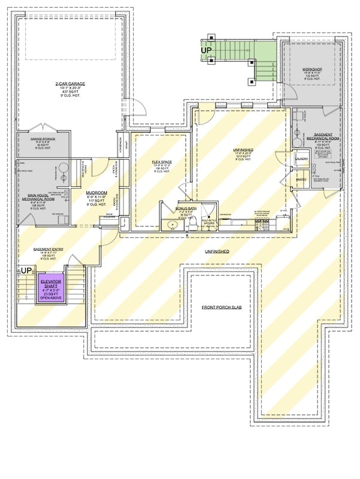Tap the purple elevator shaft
tap(52, 289)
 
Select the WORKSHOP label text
tap(311, 69)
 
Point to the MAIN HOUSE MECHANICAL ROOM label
tap(43, 196)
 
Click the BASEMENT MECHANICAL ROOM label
tap(314, 137)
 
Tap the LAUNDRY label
tap(301, 159)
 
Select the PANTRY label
tap(301, 178)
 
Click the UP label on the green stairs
tap(208, 50)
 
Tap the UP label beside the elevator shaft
tap(26, 271)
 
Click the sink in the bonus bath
tap(172, 225)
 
